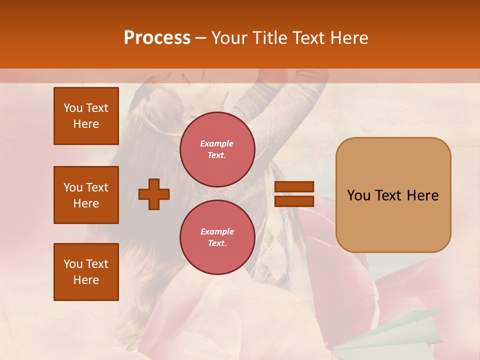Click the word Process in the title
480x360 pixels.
point(157,38)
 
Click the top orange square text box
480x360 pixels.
point(86,116)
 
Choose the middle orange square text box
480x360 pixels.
point(86,195)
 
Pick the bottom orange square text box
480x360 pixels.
point(86,272)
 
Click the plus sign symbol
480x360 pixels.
point(154,194)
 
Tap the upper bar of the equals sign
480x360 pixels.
point(294,187)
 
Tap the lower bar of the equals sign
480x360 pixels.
point(294,201)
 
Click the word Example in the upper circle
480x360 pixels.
point(217,143)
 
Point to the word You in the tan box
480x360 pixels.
point(358,195)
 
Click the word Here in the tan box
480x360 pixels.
point(422,195)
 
